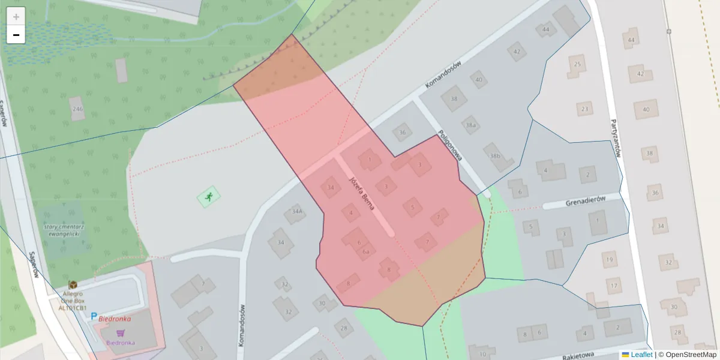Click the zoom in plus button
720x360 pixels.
[16, 17]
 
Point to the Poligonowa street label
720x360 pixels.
[450, 146]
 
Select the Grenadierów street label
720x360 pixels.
[585, 202]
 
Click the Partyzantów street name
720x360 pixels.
[615, 137]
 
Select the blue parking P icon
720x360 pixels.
[94, 316]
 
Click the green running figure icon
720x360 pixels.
[208, 196]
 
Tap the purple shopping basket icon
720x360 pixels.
[121, 333]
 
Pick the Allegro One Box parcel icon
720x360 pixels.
[73, 284]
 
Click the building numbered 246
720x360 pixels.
[77, 109]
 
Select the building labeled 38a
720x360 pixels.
[471, 125]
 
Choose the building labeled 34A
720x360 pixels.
[296, 212]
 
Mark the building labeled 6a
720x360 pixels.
[365, 252]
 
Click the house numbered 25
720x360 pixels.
[577, 64]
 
